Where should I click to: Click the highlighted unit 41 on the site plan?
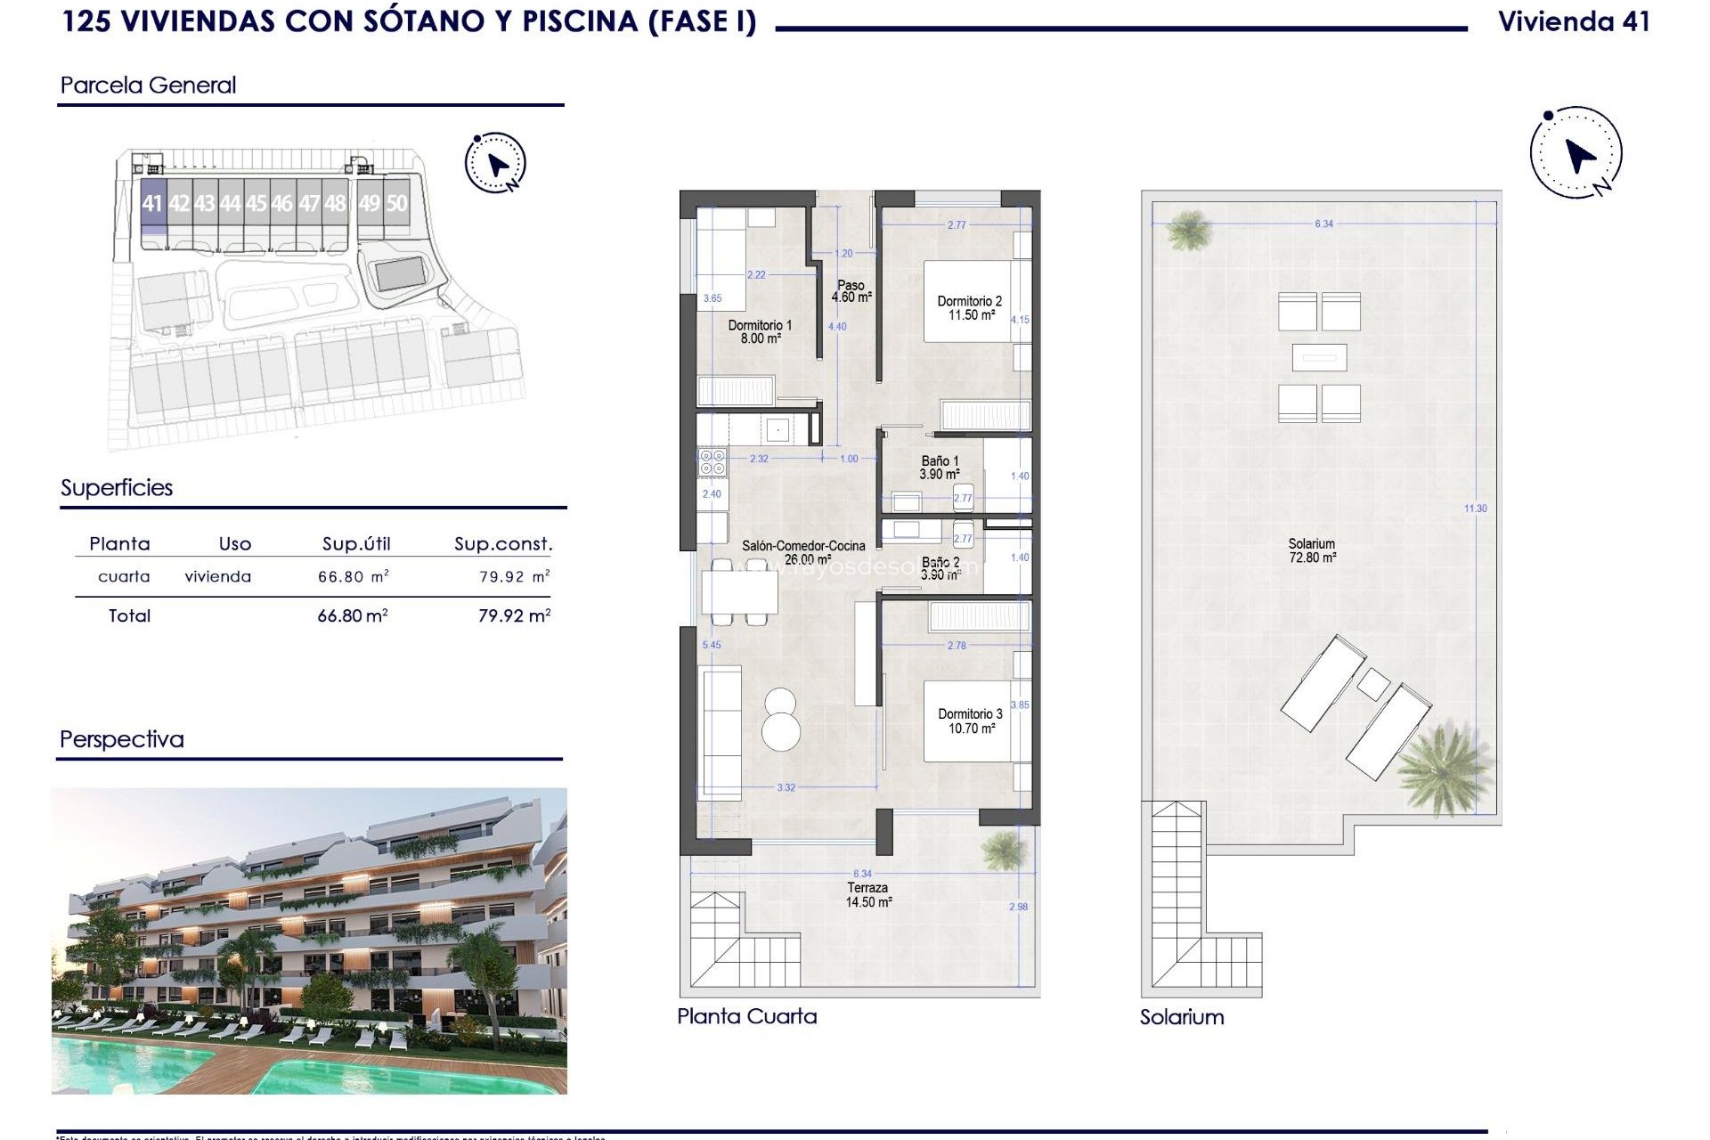tap(152, 204)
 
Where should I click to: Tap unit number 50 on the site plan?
tap(396, 204)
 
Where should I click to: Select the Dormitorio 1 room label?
tap(760, 332)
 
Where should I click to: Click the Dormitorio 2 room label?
tap(970, 308)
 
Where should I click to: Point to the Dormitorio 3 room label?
tap(970, 721)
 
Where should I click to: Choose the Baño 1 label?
tap(940, 468)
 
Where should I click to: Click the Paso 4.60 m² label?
tap(851, 291)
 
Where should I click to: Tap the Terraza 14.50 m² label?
tap(867, 894)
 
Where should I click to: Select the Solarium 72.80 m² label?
tap(1312, 550)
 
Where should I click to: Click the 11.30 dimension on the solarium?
tap(1475, 509)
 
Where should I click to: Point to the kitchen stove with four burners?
tap(712, 461)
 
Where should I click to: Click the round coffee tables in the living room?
tap(781, 718)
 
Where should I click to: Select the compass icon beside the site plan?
tap(496, 163)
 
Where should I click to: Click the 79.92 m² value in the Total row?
tap(514, 615)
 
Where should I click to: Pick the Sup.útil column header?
tap(356, 544)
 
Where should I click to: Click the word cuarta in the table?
tap(124, 577)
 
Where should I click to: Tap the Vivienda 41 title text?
tap(1574, 22)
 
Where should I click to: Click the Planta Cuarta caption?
tap(746, 1016)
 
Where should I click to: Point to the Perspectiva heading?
tap(122, 739)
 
